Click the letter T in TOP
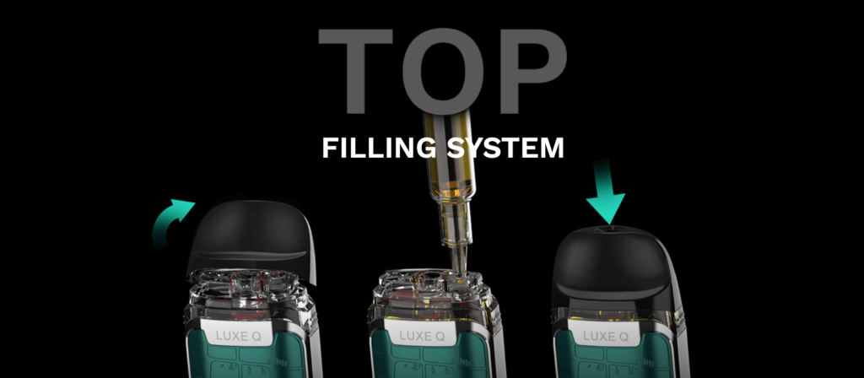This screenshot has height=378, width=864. (355, 70)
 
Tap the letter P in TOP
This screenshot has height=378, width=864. (527, 70)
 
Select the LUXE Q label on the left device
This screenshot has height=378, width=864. (240, 336)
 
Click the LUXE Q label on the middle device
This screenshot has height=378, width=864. (423, 336)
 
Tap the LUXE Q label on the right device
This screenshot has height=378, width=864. (606, 336)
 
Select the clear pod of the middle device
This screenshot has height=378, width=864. (433, 298)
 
